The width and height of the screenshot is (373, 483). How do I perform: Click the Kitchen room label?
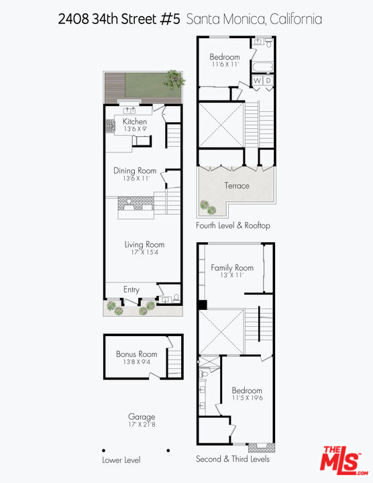tap(134, 121)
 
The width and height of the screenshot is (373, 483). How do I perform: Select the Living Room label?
tap(144, 245)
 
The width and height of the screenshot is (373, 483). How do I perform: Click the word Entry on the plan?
tap(131, 290)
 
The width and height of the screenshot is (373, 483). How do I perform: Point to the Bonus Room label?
tap(136, 354)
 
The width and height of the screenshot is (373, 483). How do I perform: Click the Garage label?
tap(142, 417)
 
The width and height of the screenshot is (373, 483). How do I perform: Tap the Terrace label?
tap(237, 186)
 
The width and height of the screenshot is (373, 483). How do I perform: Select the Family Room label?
tap(232, 268)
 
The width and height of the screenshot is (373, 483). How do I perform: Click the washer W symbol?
tap(256, 81)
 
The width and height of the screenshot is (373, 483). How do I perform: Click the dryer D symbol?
tap(267, 81)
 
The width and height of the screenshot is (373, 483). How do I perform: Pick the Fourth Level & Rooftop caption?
tap(233, 225)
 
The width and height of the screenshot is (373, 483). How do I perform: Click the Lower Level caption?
tap(121, 460)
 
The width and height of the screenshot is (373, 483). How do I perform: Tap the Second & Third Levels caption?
tap(233, 460)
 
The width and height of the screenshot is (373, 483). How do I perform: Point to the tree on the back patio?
tap(175, 78)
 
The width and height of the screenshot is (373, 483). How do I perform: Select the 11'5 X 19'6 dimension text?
tap(247, 398)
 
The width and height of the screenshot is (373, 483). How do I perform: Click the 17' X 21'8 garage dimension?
tap(142, 425)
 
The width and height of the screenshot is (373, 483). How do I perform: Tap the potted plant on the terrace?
tap(204, 206)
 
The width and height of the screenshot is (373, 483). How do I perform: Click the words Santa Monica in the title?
tap(225, 19)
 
